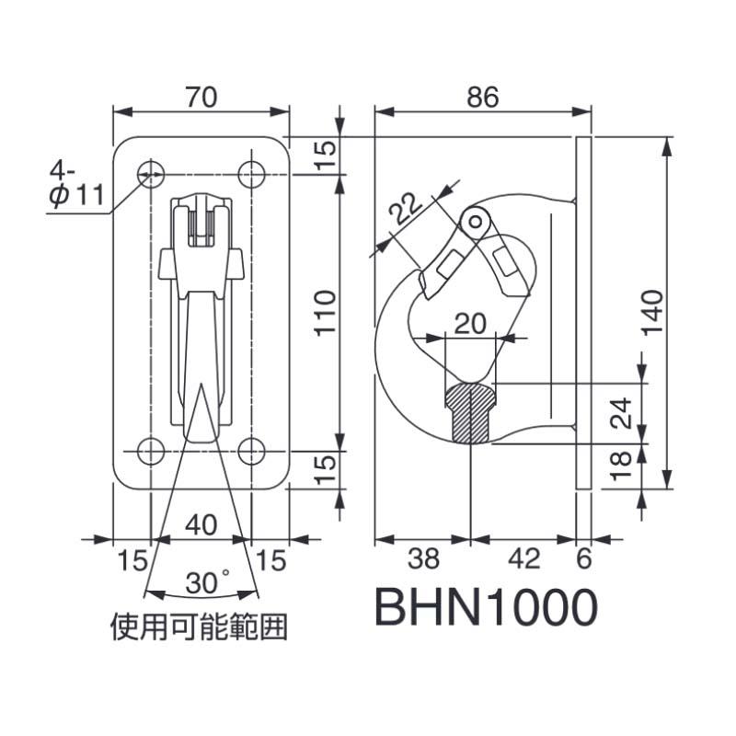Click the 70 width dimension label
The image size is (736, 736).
201,96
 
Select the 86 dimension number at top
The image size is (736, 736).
481,96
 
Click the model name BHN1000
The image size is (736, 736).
486,607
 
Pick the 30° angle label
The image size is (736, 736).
206,582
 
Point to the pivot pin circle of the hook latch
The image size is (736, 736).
474,221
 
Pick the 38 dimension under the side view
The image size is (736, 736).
422,558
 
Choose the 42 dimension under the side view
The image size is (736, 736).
523,558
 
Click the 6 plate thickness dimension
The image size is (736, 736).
583,558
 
